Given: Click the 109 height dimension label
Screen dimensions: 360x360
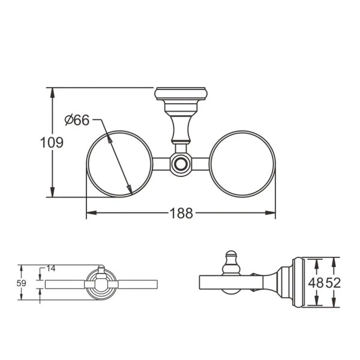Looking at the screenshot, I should coord(52,143).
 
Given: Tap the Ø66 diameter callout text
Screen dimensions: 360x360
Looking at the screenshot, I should coord(77,120).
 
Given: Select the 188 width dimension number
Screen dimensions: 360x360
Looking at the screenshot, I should coord(181,213).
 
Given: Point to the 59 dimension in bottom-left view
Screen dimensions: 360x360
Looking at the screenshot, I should coord(21,282).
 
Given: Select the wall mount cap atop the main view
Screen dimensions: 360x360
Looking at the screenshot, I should coord(181,95).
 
